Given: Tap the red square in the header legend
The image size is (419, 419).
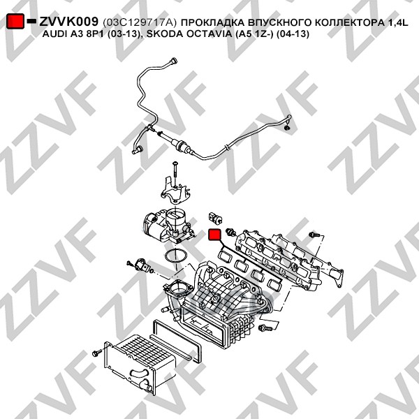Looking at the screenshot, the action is click(15, 23).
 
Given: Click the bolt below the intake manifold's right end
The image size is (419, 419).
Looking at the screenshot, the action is click(264, 326).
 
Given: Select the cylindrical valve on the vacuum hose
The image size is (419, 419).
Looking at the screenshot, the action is click(180, 147).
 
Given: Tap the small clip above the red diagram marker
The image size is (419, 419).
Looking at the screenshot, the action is click(214, 212).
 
